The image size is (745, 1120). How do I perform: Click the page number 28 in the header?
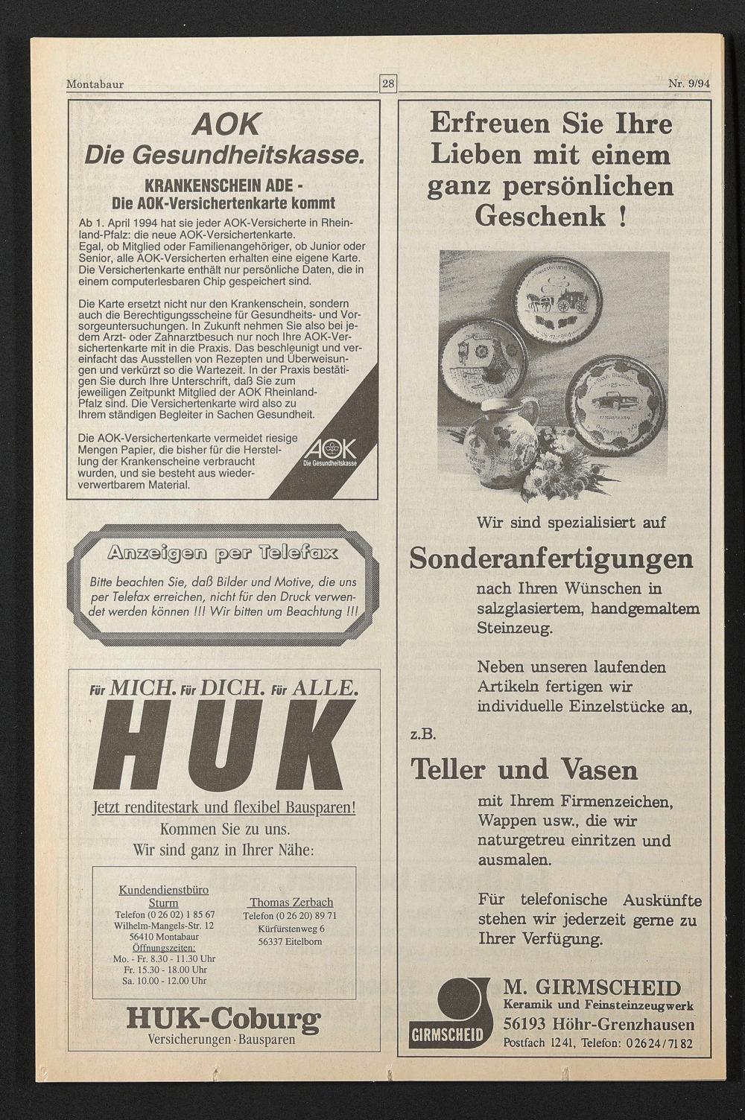(x=388, y=83)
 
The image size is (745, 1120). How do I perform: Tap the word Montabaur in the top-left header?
(x=95, y=84)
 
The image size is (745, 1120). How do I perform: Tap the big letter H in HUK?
(x=134, y=748)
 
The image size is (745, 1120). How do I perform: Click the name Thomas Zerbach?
(x=291, y=903)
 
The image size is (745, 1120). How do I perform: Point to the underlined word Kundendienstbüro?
(x=164, y=890)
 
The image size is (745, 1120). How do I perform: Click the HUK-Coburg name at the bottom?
(x=223, y=1018)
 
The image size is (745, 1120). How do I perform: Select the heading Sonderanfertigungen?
(x=551, y=558)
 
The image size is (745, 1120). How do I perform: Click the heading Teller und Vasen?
(x=524, y=769)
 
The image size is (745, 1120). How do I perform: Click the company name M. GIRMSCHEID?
(x=592, y=988)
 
